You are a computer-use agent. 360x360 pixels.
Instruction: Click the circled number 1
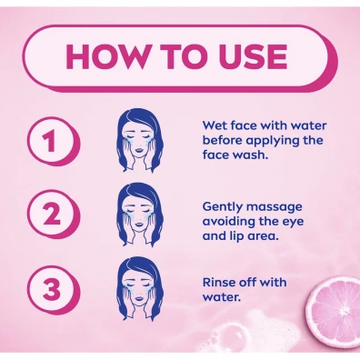click(x=53, y=143)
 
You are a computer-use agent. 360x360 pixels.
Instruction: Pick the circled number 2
click(x=53, y=215)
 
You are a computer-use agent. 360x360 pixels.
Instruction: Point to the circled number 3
click(x=53, y=290)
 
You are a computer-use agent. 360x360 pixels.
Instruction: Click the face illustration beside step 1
click(x=139, y=140)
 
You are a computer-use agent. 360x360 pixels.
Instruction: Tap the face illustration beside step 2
click(x=139, y=215)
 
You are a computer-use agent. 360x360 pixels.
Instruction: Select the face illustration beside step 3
click(x=139, y=288)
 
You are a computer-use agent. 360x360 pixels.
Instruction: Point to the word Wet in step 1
click(x=215, y=125)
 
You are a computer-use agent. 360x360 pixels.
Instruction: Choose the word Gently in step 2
click(x=223, y=207)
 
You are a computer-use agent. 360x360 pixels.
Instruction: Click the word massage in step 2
click(x=275, y=208)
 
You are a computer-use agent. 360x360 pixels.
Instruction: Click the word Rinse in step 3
click(x=219, y=283)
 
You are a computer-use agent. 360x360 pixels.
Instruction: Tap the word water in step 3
click(x=221, y=297)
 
